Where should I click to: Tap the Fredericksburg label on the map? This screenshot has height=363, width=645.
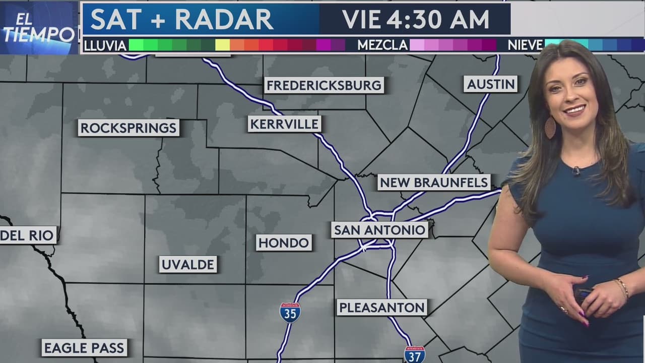(x=324, y=85)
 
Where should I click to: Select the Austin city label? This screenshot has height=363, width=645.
(x=491, y=84)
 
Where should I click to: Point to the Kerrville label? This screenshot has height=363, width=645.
(x=284, y=124)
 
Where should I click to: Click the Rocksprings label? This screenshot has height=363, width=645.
(x=129, y=128)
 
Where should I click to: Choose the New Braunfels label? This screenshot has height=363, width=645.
(x=434, y=182)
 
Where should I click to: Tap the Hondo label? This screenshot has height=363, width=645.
(x=284, y=243)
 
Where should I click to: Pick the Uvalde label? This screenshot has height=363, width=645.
(x=188, y=264)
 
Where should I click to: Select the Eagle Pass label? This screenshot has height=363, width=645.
(x=84, y=347)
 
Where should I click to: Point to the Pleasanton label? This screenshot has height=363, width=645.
(x=382, y=307)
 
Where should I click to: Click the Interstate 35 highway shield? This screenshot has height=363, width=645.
(x=290, y=313)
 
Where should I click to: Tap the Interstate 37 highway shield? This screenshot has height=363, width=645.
(x=414, y=354)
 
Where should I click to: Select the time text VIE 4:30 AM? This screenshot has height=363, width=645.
(x=415, y=19)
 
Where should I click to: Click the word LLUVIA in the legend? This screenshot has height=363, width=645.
(x=105, y=45)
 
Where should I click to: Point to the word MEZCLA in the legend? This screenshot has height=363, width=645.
(x=382, y=45)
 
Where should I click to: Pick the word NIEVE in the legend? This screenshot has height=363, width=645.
(x=525, y=45)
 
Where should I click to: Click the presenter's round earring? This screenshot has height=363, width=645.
(x=550, y=128)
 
